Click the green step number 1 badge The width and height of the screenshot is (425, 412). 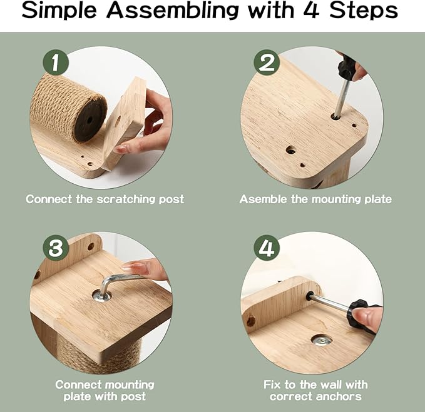tap(56, 63)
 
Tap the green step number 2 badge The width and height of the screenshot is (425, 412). tap(267, 63)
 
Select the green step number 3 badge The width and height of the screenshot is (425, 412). tap(56, 248)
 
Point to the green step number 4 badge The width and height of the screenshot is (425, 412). tap(267, 248)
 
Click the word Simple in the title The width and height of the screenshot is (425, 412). tap(59, 11)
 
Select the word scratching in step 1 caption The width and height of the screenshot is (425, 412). tap(126, 199)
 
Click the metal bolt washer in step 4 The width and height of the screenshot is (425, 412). tap(322, 339)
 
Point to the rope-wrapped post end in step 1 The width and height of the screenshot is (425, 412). tap(90, 119)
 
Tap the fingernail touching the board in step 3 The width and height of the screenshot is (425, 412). tap(129, 265)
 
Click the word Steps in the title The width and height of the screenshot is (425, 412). tap(364, 11)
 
